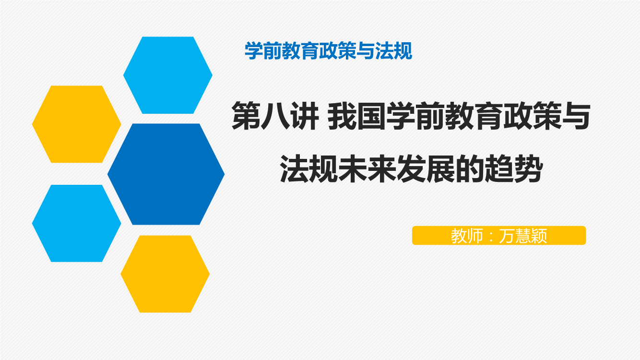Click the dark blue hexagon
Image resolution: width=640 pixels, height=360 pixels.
pyautogui.click(x=166, y=174)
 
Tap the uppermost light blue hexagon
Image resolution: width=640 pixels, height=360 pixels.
pyautogui.click(x=168, y=75)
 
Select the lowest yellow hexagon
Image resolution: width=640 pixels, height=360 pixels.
pyautogui.click(x=165, y=274)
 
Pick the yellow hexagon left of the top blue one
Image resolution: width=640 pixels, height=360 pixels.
pyautogui.click(x=77, y=124)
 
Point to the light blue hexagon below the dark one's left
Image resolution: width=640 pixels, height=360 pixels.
pyautogui.click(x=77, y=223)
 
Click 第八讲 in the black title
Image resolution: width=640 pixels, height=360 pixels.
pyautogui.click(x=275, y=116)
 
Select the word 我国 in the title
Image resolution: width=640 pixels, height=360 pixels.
pyautogui.click(x=356, y=116)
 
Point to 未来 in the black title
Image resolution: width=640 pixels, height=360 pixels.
pyautogui.click(x=367, y=168)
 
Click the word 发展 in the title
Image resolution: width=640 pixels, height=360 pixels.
pyautogui.click(x=426, y=168)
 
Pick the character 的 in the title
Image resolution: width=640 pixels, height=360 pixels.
pyautogui.click(x=470, y=168)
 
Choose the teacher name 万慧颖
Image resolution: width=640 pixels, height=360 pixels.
pyautogui.click(x=523, y=236)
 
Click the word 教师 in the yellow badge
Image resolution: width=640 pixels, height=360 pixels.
pyautogui.click(x=467, y=236)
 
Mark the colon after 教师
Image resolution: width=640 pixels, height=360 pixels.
pyautogui.click(x=491, y=237)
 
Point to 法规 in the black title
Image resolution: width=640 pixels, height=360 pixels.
pyautogui.click(x=309, y=168)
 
